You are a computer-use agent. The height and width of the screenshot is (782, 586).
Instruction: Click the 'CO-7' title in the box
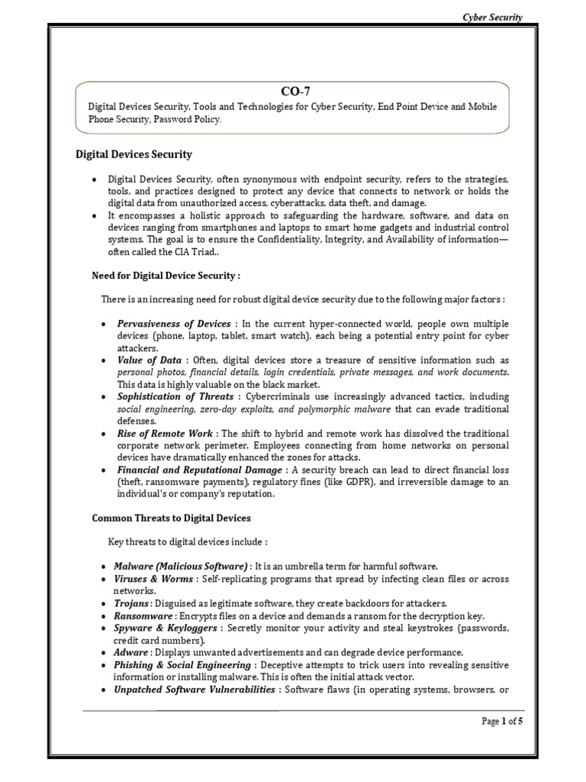point(292,92)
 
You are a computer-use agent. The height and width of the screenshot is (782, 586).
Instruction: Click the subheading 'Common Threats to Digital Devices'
point(171,518)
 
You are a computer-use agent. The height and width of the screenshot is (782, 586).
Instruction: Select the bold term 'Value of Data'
point(149,360)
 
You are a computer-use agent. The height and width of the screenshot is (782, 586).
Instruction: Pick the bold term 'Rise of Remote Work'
point(164,433)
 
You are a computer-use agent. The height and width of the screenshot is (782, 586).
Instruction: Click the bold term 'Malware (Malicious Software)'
point(182,566)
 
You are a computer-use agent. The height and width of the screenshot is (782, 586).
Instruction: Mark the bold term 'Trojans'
point(133,603)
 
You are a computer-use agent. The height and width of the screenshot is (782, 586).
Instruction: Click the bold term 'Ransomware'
point(144,616)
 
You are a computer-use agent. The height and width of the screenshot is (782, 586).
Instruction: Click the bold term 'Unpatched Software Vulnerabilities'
point(195,690)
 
